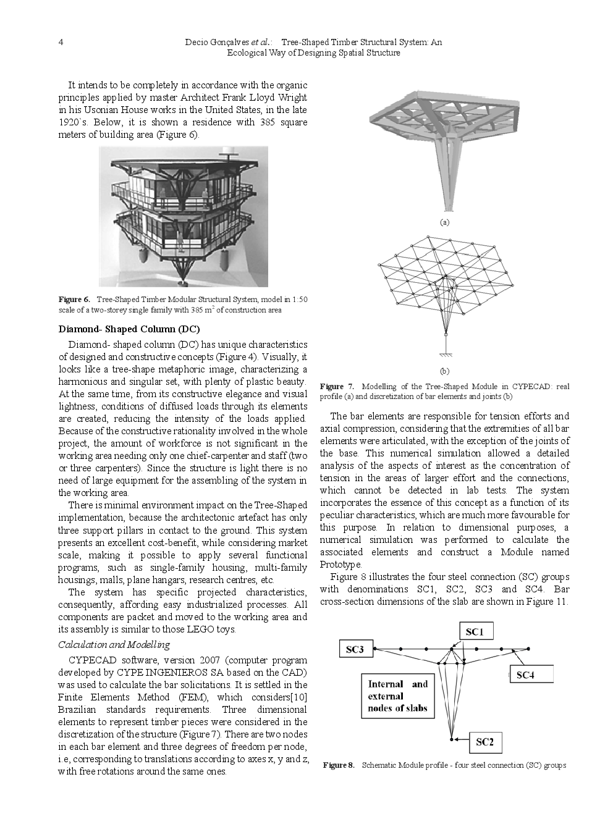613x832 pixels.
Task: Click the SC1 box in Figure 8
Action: (474, 631)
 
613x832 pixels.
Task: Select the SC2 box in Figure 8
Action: (484, 742)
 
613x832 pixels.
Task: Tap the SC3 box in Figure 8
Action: (354, 649)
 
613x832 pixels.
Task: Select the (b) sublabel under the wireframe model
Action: (444, 371)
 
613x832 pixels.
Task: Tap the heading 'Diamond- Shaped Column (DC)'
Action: (129, 328)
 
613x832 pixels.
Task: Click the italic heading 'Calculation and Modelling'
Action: (114, 644)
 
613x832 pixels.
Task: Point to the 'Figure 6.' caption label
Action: (74, 300)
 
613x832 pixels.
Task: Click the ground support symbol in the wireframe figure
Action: (444, 353)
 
